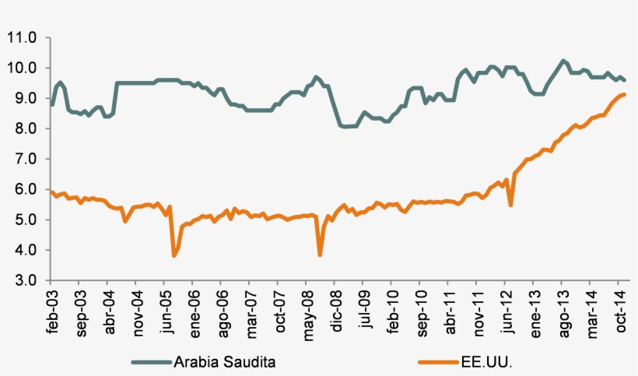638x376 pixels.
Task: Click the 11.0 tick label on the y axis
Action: [x=22, y=37]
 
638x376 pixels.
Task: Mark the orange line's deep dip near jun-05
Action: [x=174, y=255]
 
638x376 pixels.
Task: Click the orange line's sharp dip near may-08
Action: [x=320, y=255]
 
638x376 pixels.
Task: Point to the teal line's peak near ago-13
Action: [x=563, y=61]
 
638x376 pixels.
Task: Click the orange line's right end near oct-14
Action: [x=625, y=94]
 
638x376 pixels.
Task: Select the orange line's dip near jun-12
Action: [x=510, y=205]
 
